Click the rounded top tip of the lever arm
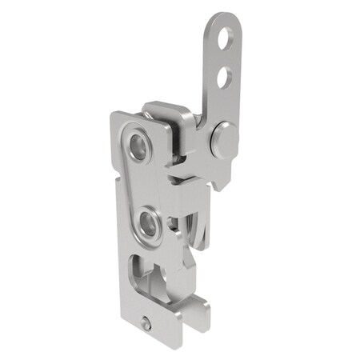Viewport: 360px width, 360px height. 231,16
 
